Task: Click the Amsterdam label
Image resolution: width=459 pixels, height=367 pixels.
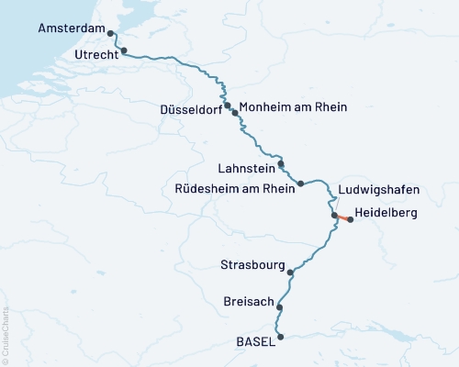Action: tap(72, 28)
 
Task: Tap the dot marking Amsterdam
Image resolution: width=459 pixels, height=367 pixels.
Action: tap(111, 33)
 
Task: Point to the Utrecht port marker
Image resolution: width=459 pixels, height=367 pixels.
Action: tap(124, 51)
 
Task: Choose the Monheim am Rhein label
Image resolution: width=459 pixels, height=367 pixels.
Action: tap(293, 106)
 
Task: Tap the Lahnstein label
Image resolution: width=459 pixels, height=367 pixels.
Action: tap(245, 169)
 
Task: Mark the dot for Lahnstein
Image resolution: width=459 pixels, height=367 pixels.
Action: tap(282, 165)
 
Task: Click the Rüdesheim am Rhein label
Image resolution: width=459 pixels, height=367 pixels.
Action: tap(234, 189)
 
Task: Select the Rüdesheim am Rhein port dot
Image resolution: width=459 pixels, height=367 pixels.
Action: tap(301, 183)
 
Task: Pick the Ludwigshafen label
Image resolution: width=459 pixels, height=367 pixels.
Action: tap(378, 190)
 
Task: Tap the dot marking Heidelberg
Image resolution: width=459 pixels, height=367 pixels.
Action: tap(351, 220)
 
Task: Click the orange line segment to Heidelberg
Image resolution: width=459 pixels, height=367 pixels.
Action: tap(342, 217)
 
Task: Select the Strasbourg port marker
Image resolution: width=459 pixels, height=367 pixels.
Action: tap(291, 272)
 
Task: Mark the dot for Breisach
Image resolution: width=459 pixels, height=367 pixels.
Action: tap(280, 307)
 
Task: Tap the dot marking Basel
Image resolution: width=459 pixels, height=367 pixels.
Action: tap(281, 337)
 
